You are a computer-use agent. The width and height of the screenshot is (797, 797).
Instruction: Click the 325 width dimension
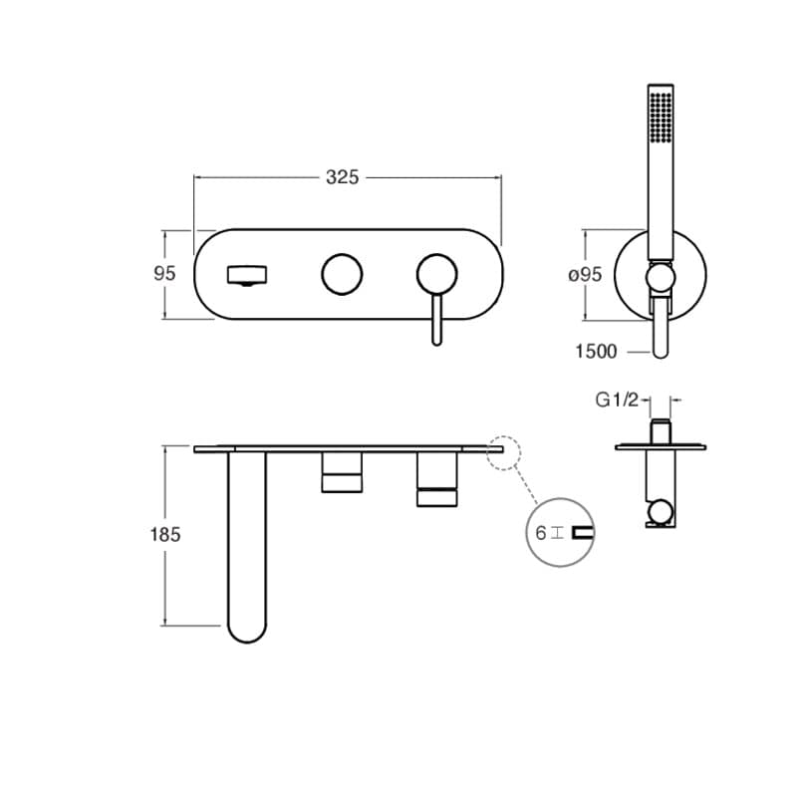[342, 177]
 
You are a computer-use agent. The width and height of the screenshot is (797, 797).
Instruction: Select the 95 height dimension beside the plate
[164, 273]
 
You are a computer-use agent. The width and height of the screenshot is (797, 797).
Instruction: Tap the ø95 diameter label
[585, 275]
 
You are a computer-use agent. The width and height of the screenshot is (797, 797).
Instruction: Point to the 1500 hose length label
[596, 352]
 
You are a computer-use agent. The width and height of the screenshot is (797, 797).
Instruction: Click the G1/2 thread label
[617, 400]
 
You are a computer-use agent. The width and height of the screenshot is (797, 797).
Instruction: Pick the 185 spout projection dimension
[165, 535]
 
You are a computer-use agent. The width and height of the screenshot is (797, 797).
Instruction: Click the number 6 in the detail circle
[541, 533]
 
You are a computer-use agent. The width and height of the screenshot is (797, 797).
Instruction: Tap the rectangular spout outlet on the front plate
[247, 276]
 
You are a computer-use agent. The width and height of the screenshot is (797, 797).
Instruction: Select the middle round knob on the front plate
[342, 274]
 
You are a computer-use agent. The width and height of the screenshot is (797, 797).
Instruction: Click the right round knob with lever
[437, 274]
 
